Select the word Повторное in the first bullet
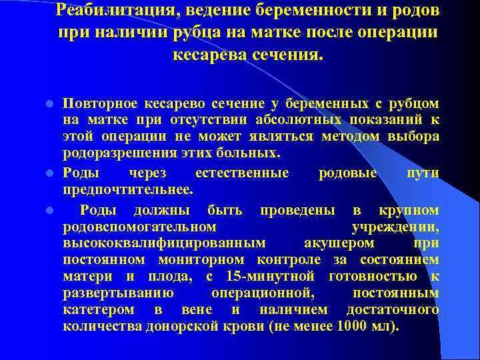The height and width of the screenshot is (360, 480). click(101, 103)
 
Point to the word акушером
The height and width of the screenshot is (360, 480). click(334, 243)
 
